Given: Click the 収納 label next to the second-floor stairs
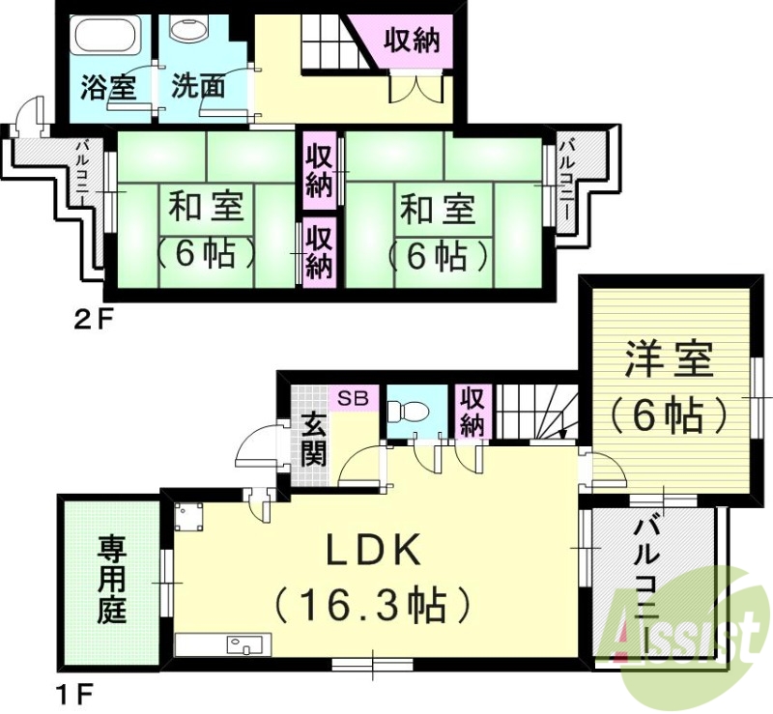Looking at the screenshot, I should tap(412, 42).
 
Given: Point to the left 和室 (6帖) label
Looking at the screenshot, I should tap(207, 231).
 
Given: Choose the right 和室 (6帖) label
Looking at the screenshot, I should tap(436, 232).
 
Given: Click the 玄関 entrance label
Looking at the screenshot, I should tap(312, 440).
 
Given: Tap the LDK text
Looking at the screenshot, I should tap(372, 552).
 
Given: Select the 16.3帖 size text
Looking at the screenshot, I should tap(372, 606).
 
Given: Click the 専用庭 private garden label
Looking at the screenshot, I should tap(111, 581).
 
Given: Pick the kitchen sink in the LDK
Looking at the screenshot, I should tap(239, 643).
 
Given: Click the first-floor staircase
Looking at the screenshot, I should tap(537, 410).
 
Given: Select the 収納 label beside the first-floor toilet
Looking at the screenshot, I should tap(472, 412).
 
